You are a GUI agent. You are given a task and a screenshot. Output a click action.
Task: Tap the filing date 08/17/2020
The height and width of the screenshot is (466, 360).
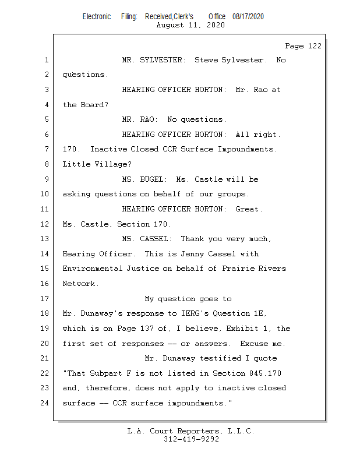click(248, 16)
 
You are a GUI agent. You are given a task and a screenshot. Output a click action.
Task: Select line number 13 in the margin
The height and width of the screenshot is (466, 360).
click(46, 239)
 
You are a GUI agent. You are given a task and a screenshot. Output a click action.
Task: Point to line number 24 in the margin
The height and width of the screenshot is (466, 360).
click(46, 403)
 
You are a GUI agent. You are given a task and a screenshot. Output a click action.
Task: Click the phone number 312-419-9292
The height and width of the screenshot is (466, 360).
click(191, 439)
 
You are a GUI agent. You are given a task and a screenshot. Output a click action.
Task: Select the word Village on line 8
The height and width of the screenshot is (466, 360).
click(107, 164)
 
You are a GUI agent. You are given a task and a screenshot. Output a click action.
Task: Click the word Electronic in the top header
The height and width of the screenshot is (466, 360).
click(97, 16)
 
